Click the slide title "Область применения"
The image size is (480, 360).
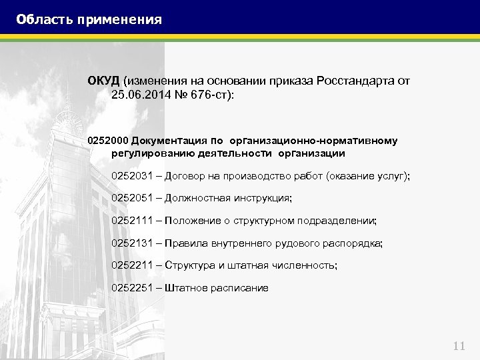[89, 19]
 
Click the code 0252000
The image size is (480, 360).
[107, 141]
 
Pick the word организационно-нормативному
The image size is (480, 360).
[313, 141]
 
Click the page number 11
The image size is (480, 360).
[459, 345]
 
